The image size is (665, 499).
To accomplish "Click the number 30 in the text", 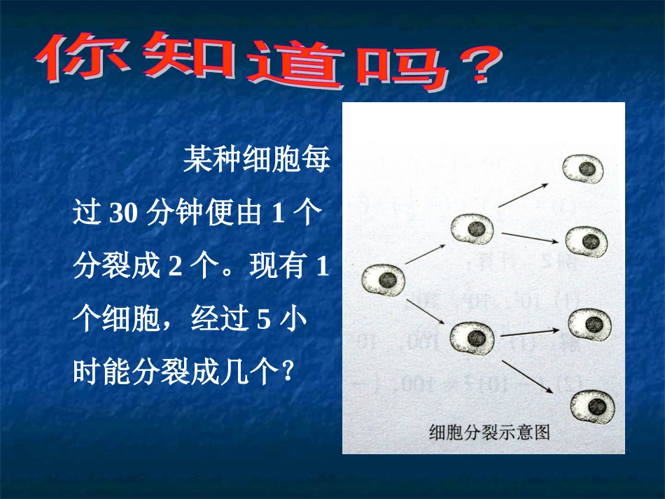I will [123, 213].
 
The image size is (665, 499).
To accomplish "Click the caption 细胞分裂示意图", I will [489, 432].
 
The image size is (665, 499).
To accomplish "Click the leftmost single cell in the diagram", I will [383, 280].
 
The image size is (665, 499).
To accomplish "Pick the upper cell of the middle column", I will [472, 228].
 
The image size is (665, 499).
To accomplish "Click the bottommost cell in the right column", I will [594, 406].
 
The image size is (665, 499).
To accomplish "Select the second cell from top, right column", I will [587, 241].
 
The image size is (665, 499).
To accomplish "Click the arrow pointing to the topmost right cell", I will [522, 197].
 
